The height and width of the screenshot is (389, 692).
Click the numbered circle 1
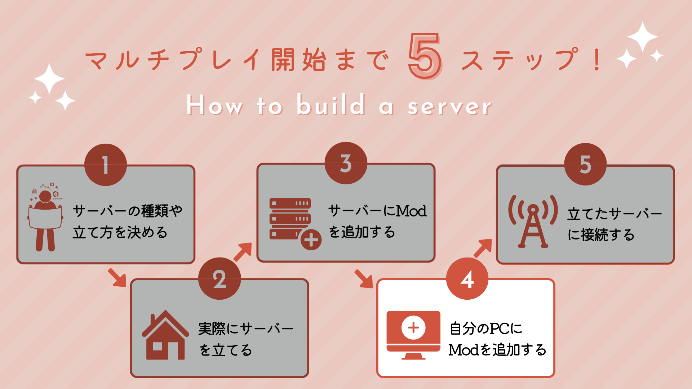coord(106,165)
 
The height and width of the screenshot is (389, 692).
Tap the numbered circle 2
coord(219,278)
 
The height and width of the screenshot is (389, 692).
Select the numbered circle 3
coord(346,163)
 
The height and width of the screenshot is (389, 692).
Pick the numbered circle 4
coord(467,278)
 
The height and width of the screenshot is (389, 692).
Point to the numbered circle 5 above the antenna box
coord(586,164)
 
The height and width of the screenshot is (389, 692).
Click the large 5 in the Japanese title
coord(425,56)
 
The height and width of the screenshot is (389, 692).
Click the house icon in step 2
coord(165,335)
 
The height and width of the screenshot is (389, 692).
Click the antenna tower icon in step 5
coord(533,222)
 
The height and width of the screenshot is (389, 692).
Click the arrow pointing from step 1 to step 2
coord(117,277)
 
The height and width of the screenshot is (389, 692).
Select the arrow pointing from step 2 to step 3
coord(243,252)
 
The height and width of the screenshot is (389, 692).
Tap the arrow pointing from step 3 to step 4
coord(364,279)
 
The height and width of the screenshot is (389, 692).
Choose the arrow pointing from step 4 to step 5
coord(483,248)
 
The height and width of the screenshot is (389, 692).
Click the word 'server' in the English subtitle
coord(450,107)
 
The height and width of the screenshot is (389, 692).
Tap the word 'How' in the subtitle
coord(215,105)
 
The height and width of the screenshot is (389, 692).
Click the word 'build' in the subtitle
coord(331,104)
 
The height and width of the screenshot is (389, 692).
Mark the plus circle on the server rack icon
coord(311,240)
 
